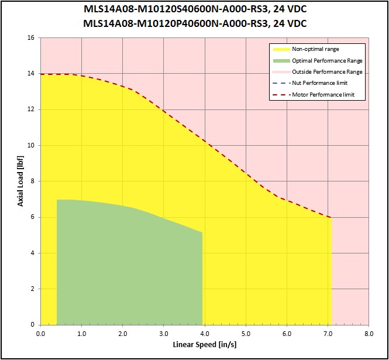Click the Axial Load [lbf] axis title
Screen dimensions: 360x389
[x=20, y=181]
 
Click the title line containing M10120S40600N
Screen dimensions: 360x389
[x=195, y=10]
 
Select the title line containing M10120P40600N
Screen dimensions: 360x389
[x=195, y=23]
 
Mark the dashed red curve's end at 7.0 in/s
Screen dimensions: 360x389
[x=331, y=218]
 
